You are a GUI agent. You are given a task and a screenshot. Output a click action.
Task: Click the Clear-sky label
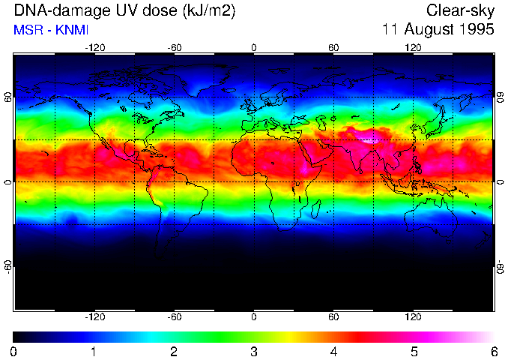point(460,11)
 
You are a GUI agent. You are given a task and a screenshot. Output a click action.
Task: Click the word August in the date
point(424,30)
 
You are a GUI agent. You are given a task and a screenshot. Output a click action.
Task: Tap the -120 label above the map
point(94,47)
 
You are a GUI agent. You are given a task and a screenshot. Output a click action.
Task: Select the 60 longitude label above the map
point(334,47)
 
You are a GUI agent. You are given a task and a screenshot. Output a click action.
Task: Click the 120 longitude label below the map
point(414,316)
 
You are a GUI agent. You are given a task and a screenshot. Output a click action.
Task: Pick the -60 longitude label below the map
point(175,316)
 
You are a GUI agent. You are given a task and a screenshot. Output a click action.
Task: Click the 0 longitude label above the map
point(254,47)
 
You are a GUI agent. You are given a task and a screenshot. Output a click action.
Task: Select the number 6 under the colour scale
point(494,351)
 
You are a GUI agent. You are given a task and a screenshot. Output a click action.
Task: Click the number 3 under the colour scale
point(254,351)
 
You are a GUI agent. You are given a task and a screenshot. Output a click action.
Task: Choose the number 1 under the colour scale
point(94,351)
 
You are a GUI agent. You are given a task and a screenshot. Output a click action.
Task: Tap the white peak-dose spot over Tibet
point(369,136)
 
